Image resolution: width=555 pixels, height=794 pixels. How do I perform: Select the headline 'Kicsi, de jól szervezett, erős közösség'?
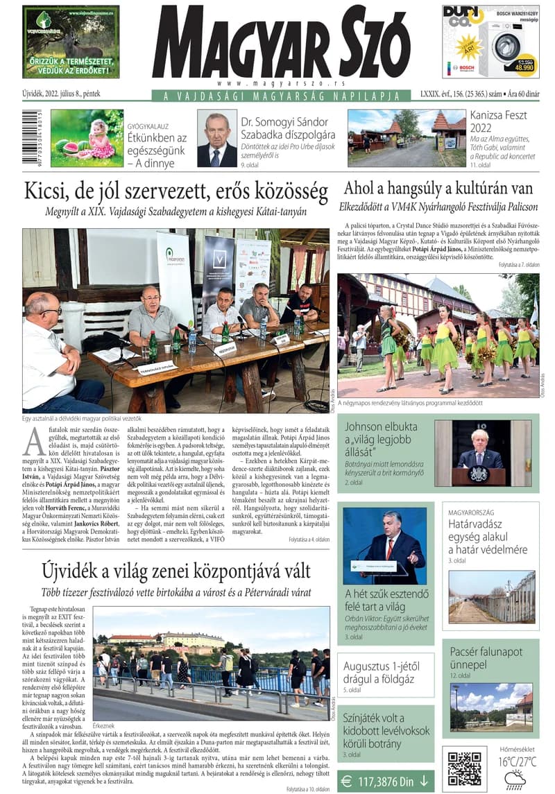176,190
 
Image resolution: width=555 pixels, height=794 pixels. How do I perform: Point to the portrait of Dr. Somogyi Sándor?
217,139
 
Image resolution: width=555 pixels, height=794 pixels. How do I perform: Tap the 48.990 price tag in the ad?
523,67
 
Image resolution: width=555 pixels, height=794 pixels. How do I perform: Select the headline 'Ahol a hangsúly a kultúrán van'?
438,188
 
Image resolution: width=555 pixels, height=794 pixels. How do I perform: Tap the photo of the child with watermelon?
87,138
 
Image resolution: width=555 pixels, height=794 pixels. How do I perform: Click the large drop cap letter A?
35,439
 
